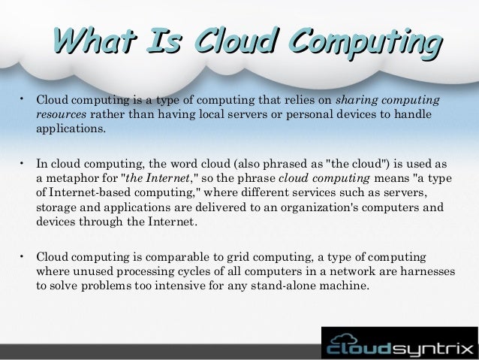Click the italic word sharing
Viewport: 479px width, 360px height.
(355, 99)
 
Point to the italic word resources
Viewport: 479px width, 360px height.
(62, 113)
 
